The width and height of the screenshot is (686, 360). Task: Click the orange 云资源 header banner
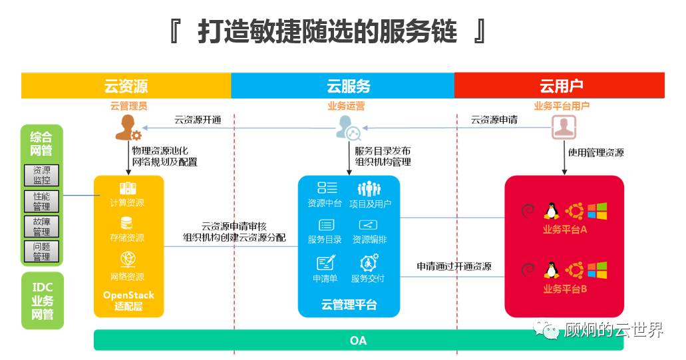pos(126,86)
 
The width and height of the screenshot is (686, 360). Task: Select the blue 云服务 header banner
pos(348,86)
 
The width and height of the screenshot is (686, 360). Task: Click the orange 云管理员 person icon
pos(128,127)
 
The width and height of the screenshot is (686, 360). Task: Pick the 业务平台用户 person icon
pos(563,127)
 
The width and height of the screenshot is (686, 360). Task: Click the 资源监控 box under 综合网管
pos(41,176)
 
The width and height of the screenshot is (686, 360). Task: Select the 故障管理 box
pos(41,227)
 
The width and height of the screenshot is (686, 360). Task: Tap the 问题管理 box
pos(41,252)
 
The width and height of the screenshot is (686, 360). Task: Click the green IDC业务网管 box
pos(42,300)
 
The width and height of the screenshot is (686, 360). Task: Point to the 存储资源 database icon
pos(127,223)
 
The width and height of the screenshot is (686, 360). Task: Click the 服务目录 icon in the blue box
pos(326,225)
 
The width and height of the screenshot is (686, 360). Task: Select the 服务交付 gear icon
pos(369,262)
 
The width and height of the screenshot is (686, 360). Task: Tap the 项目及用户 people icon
pos(369,188)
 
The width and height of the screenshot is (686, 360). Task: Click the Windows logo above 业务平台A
pos(597,211)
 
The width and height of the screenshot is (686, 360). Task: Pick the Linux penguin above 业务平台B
pos(550,270)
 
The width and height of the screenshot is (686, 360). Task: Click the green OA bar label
pos(358,341)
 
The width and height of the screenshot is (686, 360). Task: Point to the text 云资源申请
pos(494,120)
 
